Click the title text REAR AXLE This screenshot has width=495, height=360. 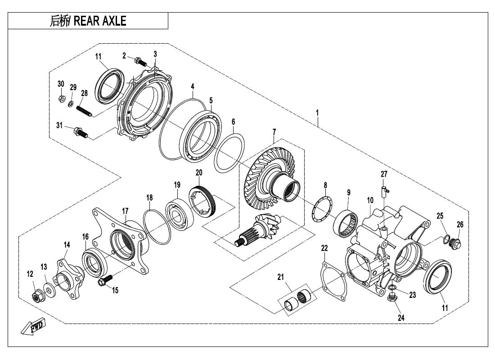[88, 21]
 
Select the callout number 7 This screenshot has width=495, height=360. [273, 131]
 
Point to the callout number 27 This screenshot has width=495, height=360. [384, 174]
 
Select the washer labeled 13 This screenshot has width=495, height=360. [48, 288]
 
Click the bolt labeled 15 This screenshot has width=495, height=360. [103, 281]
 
